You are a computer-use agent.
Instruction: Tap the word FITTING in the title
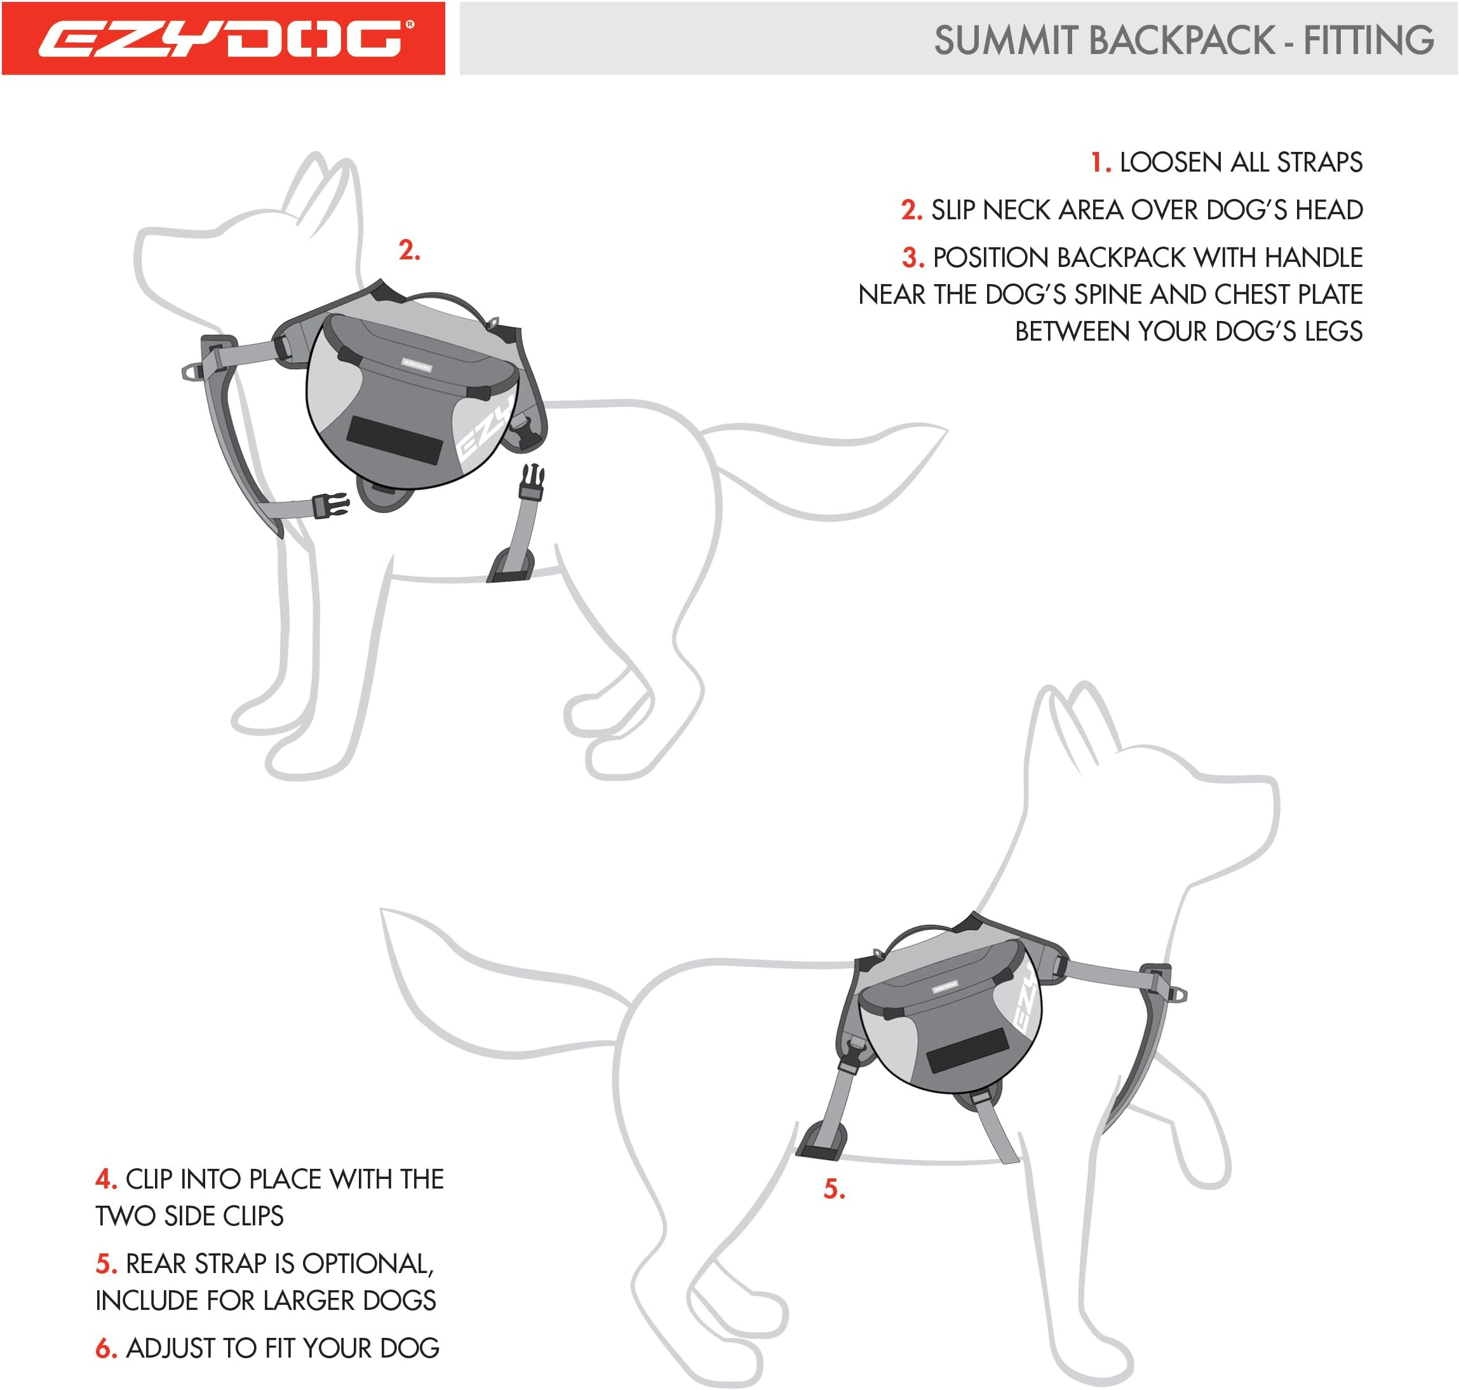click(1368, 41)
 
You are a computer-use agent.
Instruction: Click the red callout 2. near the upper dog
click(409, 250)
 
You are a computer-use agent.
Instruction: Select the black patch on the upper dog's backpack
click(394, 440)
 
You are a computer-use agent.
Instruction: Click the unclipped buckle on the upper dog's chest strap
click(331, 507)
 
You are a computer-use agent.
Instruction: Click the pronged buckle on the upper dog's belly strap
click(532, 482)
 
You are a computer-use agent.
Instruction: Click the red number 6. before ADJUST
click(107, 1349)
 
